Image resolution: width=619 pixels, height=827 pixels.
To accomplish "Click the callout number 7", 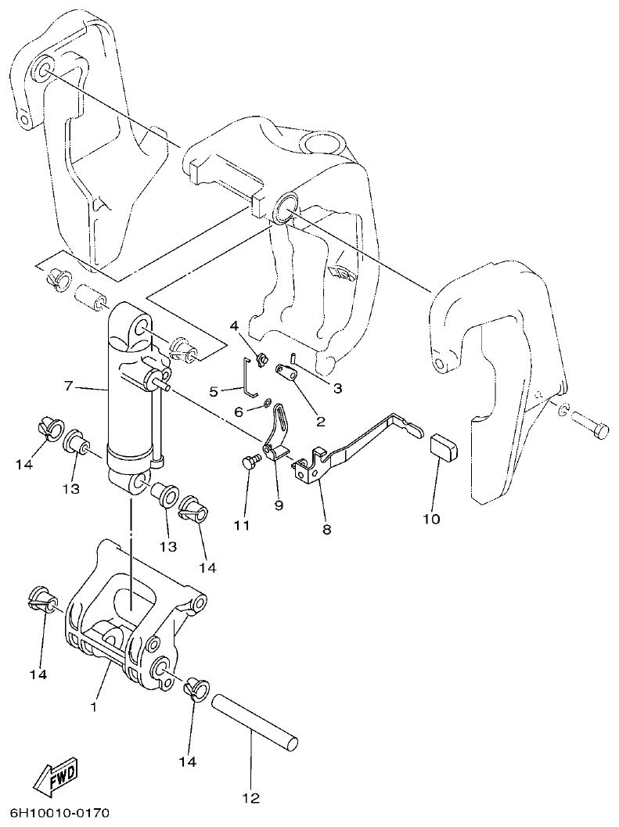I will pos(69,386).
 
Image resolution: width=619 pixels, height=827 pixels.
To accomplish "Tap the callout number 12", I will pos(250,799).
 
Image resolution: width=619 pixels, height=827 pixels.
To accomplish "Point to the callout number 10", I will pos(431,518).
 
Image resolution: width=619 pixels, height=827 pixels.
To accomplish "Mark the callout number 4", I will pos(233,325).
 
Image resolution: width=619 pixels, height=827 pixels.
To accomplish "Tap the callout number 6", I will pos(239,410).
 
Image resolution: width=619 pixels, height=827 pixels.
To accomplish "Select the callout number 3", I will pos(337,387).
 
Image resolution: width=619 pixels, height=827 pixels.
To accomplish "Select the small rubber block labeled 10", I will pos(443,449).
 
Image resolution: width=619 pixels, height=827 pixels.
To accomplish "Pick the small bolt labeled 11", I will pos(250,464).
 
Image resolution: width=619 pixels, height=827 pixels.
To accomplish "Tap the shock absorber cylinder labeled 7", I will pos(131,407).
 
